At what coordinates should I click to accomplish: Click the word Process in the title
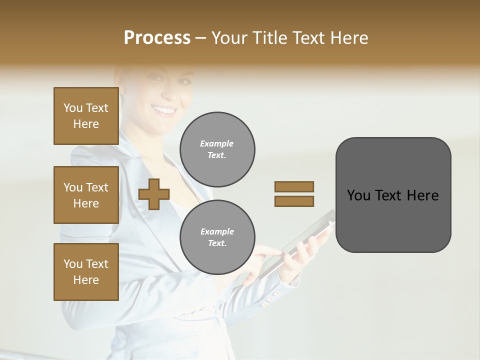[x=157, y=38]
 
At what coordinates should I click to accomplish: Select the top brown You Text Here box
[x=86, y=116]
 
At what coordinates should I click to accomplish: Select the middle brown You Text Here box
[x=86, y=195]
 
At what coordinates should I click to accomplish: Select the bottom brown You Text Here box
[x=86, y=272]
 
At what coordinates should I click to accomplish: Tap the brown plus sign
[x=154, y=194]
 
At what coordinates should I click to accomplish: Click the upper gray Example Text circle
[x=217, y=149]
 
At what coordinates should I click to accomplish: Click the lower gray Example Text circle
[x=217, y=237]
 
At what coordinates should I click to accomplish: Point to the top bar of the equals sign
[x=294, y=186]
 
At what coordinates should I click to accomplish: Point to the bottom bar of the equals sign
[x=294, y=201]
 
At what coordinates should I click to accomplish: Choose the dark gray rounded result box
[x=393, y=195]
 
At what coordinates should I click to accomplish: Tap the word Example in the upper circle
[x=217, y=143]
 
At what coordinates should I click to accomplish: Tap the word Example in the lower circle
[x=217, y=231]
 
